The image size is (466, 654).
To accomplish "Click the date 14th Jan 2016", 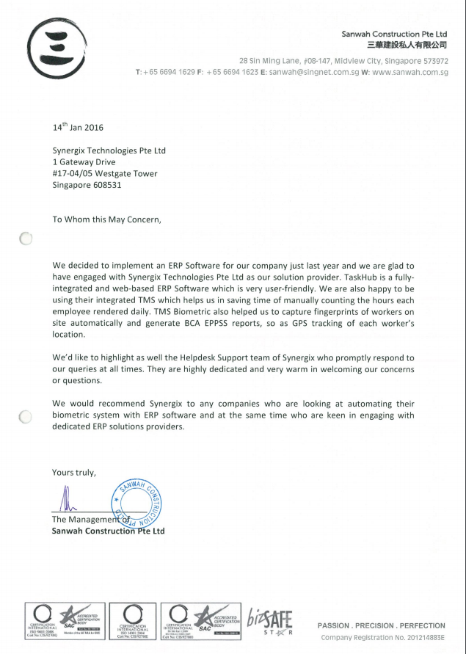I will click(78, 127).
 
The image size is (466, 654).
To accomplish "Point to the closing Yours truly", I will click(74, 471).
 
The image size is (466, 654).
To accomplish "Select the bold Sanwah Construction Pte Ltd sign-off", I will click(109, 531).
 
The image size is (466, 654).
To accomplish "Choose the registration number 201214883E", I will click(422, 637).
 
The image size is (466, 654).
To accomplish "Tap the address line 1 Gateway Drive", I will click(84, 162).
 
